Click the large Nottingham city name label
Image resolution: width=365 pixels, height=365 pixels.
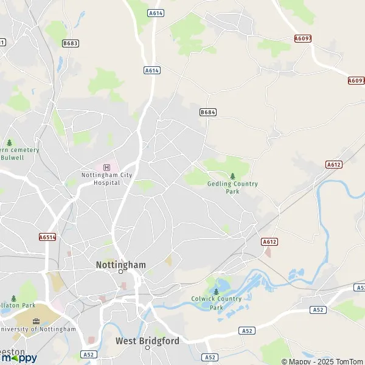[x=121, y=265]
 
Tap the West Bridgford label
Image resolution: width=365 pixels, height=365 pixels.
[x=147, y=341]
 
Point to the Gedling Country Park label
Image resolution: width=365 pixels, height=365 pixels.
[x=232, y=187]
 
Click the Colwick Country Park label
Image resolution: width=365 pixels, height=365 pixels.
[x=217, y=303]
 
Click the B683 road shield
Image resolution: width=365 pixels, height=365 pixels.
[x=71, y=43]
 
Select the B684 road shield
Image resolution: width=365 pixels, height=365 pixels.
[x=208, y=113]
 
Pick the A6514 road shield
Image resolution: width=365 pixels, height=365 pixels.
[x=47, y=237]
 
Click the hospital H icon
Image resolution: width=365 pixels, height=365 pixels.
[x=107, y=167]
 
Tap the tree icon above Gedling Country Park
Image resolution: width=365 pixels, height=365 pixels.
[x=232, y=176]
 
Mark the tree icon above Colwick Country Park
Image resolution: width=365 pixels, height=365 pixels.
[x=216, y=291]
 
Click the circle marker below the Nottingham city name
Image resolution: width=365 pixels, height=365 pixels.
[x=121, y=272]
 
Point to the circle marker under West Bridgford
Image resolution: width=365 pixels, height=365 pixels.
[x=147, y=349]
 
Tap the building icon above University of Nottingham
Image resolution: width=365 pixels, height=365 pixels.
[x=36, y=321]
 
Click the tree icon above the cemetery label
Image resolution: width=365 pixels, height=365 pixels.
[x=9, y=143]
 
